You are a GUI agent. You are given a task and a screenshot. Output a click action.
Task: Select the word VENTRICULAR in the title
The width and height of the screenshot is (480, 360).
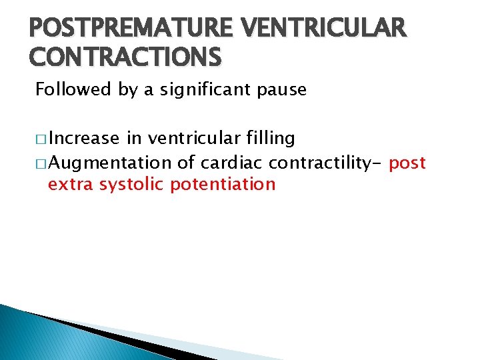324,27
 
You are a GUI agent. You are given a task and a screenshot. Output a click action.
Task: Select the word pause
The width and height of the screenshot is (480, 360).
283,90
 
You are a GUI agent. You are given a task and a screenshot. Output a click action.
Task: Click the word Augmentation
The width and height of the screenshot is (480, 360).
109,163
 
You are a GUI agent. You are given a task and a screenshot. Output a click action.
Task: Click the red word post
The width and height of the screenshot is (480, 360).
407,163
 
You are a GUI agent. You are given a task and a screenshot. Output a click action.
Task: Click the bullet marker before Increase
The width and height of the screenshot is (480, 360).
40,139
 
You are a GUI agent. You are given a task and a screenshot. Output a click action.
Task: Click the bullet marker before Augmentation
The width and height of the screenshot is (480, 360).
40,163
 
